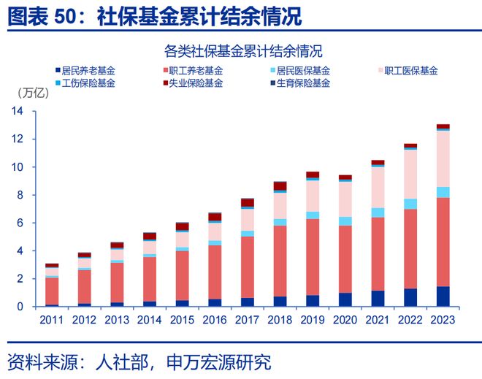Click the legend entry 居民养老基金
[x=88, y=71]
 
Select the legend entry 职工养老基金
[x=196, y=71]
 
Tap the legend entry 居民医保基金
[x=304, y=71]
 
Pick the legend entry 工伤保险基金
[x=88, y=83]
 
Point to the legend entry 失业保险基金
[x=196, y=83]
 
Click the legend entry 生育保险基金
[x=304, y=83]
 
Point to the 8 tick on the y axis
[x=21, y=195]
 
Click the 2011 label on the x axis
[x=51, y=319]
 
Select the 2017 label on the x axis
[x=247, y=319]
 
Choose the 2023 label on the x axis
[x=443, y=319]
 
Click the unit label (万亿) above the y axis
[x=33, y=93]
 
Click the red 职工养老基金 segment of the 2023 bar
[x=443, y=242]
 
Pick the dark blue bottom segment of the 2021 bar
[x=378, y=299]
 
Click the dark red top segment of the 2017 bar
[x=247, y=202]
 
